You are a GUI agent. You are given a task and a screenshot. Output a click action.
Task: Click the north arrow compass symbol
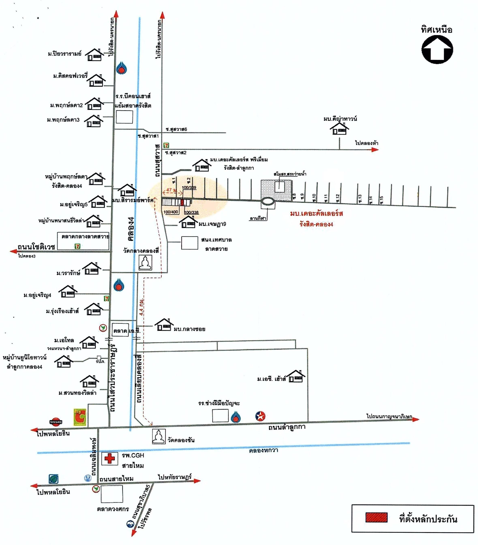pos(437,50)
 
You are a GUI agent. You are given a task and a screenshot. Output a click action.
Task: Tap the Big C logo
pos(80,417)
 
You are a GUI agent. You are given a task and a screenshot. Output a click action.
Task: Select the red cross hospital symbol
pos(109,458)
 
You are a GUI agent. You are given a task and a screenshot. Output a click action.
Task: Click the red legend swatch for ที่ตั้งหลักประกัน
pos(376,517)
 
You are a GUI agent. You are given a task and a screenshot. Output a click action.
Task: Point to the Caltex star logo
pos(260,416)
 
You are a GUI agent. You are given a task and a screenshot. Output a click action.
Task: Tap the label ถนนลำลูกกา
pos(287,427)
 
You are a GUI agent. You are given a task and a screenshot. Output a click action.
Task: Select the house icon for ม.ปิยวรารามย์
pos(95,55)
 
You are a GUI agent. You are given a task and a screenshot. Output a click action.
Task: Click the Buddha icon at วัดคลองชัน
pos(158,436)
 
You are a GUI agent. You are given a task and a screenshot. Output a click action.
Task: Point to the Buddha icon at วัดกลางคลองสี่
pos(145,263)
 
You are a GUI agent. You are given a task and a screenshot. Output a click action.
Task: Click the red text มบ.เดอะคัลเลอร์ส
pos(316,214)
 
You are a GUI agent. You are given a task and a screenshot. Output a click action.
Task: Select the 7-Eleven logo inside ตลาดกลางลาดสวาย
pos(77,246)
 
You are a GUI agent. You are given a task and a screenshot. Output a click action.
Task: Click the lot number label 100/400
pos(171,212)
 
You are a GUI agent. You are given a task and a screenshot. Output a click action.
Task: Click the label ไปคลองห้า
pos(367,143)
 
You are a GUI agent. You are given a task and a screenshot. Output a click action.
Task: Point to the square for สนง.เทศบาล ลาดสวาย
pos(189,243)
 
